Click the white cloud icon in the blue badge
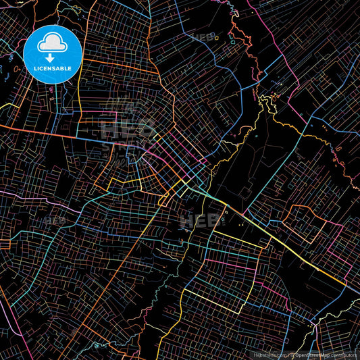pyautogui.click(x=52, y=43)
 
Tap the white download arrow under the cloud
pyautogui.click(x=52, y=58)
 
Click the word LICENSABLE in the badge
pyautogui.click(x=52, y=69)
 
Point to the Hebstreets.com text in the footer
pyautogui.click(x=268, y=354)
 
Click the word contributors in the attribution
pyautogui.click(x=344, y=354)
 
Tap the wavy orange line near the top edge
pyautogui.click(x=236, y=30)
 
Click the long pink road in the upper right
pyautogui.click(x=297, y=47)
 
